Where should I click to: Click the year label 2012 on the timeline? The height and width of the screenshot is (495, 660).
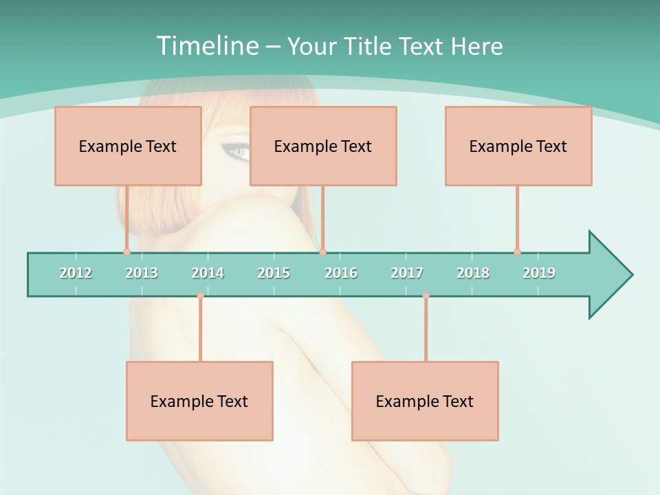(76, 273)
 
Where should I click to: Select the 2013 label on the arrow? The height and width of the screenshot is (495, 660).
(142, 273)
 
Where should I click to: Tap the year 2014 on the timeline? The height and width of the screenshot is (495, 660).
(208, 273)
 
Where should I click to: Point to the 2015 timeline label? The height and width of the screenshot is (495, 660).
(274, 273)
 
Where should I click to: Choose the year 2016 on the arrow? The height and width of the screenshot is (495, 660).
(341, 273)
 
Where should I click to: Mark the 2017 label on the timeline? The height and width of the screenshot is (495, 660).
(407, 273)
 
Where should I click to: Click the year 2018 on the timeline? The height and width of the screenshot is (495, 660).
(473, 273)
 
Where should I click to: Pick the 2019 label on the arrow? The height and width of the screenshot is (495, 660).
(539, 273)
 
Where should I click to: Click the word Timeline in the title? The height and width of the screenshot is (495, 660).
(206, 46)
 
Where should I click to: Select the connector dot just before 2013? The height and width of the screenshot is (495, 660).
(126, 252)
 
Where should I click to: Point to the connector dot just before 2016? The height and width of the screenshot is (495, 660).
(322, 252)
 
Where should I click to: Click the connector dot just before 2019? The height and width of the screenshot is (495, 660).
(517, 252)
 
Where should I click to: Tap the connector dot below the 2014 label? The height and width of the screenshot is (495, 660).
(200, 295)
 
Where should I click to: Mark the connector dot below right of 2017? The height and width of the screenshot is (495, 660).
(426, 295)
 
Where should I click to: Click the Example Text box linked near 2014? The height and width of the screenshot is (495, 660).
(199, 401)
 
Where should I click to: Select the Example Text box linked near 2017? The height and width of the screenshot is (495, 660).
(425, 401)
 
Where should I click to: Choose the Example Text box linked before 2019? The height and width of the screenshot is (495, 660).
(518, 146)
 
